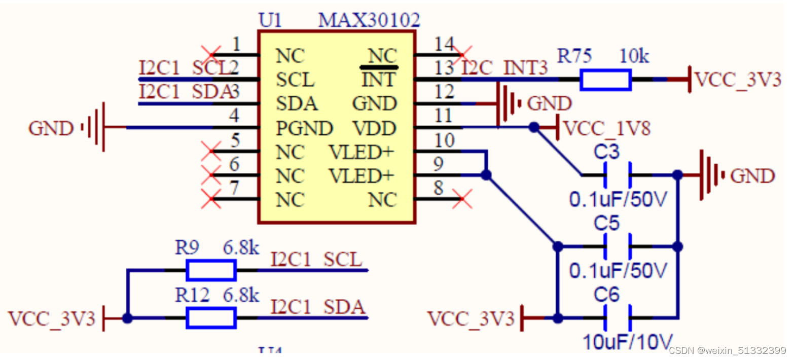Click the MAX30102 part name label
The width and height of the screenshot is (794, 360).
[369, 20]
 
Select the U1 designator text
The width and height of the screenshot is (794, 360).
[270, 20]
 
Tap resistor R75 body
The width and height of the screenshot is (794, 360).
[605, 80]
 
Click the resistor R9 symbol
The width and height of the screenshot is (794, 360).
[211, 270]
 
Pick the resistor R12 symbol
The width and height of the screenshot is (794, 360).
[211, 318]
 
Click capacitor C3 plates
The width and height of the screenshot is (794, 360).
[618, 175]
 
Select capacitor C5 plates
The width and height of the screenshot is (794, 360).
[618, 247]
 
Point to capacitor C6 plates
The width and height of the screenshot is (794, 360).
[618, 318]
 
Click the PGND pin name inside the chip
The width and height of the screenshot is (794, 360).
[304, 128]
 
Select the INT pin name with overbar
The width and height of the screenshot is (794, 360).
[378, 80]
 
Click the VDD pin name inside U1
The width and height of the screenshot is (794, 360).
[374, 128]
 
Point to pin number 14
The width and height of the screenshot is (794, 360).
[444, 45]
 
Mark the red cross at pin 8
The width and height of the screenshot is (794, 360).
[463, 199]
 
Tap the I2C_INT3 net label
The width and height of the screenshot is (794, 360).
[504, 68]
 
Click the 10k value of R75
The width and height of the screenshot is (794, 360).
[634, 56]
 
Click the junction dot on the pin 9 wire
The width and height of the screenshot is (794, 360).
[486, 175]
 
